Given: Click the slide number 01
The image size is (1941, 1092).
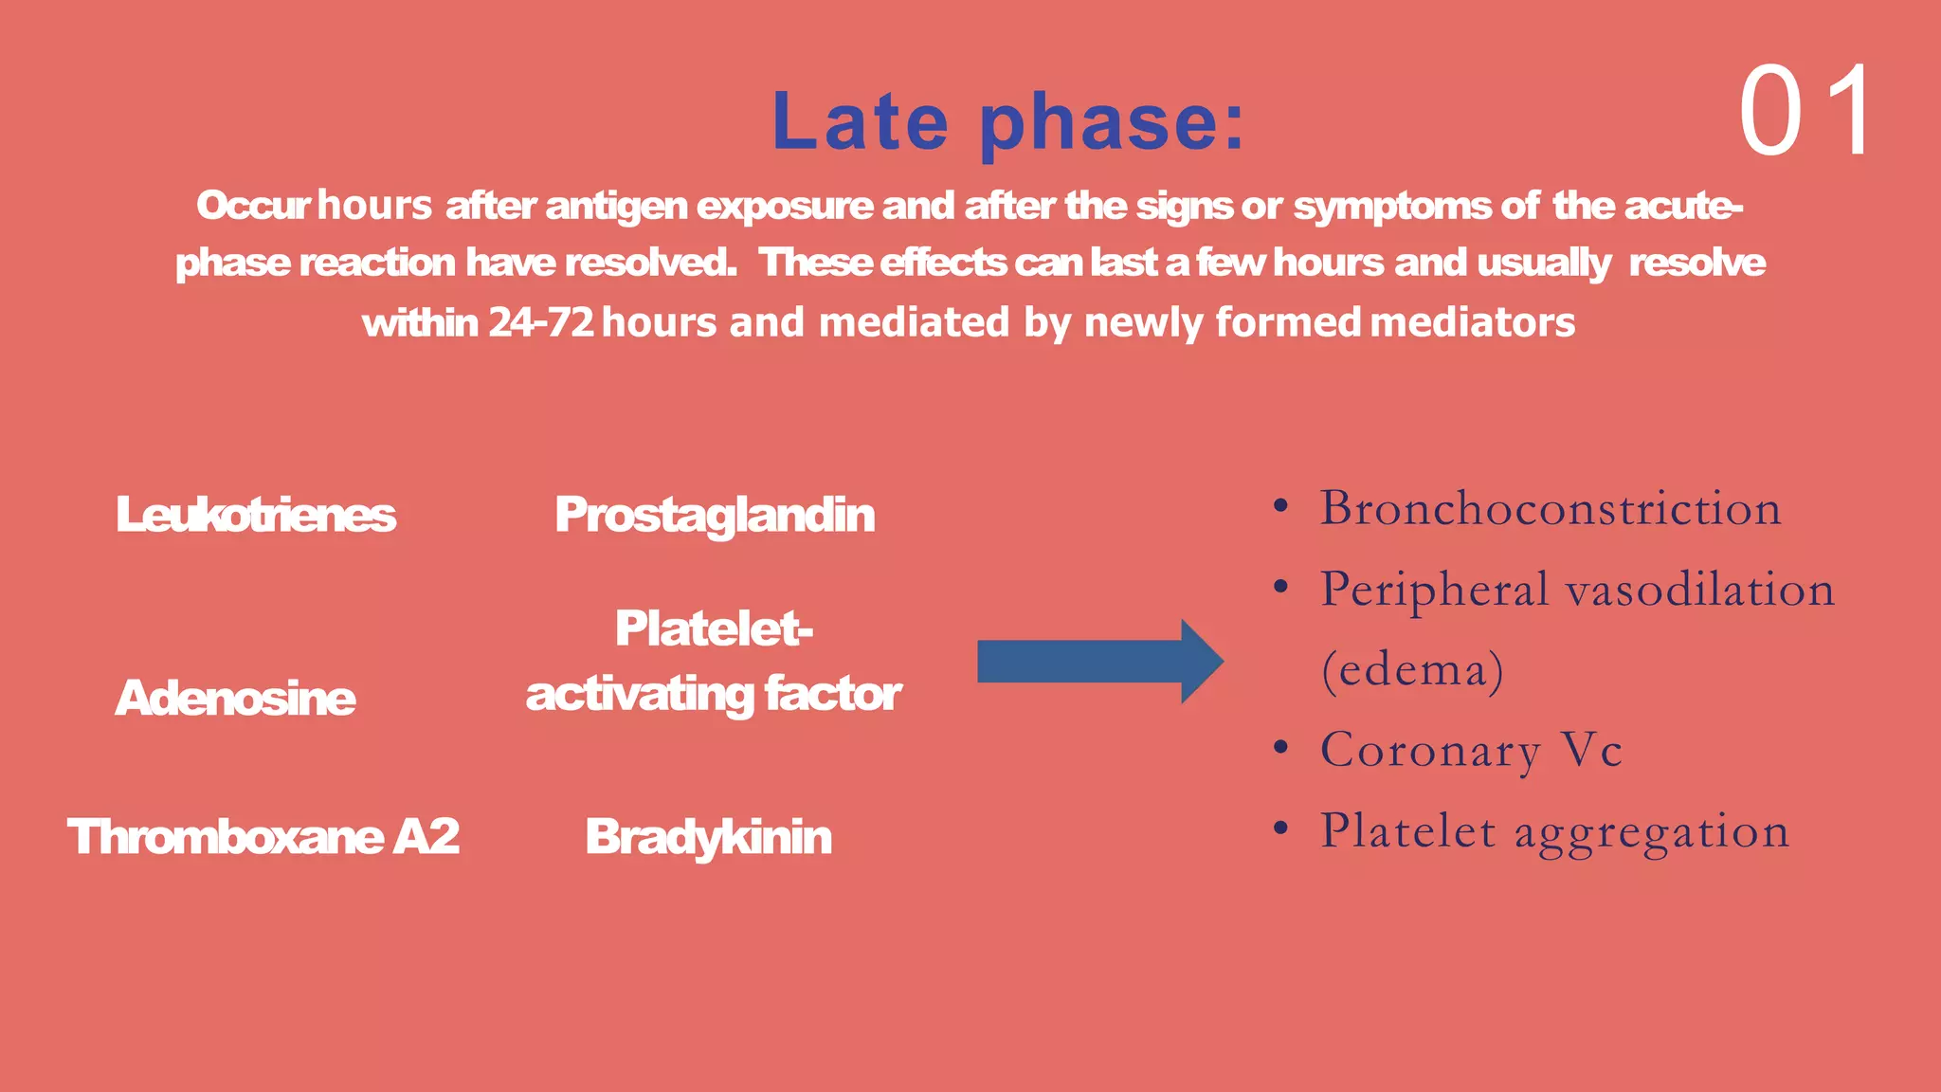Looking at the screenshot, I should coord(1806,112).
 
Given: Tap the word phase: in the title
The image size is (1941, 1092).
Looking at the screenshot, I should coord(1112,123).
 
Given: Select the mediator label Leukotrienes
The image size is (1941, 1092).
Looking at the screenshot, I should coord(255,515).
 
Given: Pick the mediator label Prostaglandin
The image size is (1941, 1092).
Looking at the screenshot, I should coord(715,515).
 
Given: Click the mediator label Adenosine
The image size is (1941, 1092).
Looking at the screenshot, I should coord(235,698).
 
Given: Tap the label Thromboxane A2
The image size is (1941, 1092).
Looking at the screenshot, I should coord(263,836).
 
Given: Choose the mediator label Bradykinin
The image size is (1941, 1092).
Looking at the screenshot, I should coord(708,836).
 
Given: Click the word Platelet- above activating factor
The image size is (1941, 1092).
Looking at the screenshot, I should coord(714,628).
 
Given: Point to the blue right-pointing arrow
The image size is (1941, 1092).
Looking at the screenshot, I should coord(1099,662).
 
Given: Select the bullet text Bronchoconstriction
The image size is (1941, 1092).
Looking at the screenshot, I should coord(1551,508).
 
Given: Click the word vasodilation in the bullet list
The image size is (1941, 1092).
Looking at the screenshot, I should coord(1700,590).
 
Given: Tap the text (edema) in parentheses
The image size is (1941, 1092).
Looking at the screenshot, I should coord(1412,670).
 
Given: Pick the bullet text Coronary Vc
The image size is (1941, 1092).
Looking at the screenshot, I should coord(1471,750).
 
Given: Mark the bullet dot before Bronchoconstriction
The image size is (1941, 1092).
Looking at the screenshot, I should coord(1280,506).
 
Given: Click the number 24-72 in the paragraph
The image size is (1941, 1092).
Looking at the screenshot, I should coord(541,323).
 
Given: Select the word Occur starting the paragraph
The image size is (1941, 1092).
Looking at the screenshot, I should coord(252,206).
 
